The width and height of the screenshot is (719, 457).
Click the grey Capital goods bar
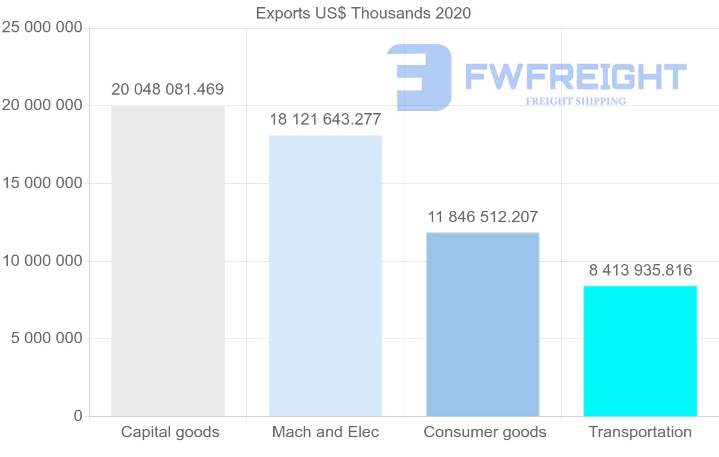point(168,261)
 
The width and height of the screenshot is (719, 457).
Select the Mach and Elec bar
point(325,276)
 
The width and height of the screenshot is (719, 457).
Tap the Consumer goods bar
point(483,324)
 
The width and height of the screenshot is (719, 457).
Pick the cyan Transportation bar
point(640,351)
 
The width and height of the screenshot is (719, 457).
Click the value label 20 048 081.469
point(168,90)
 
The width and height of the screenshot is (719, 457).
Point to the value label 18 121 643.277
point(325,119)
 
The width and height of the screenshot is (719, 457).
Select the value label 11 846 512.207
point(483,216)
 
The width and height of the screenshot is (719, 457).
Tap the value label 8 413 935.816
point(641,270)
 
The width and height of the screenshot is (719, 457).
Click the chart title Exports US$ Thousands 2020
point(363,13)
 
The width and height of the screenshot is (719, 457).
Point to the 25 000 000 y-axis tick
point(42,28)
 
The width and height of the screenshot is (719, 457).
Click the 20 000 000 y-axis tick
point(42,105)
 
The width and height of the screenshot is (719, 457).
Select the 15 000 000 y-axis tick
point(42,183)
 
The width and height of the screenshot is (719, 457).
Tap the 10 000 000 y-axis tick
point(42,261)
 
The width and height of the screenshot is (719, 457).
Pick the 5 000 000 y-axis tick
point(47,338)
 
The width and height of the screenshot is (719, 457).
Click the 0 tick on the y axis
point(78,416)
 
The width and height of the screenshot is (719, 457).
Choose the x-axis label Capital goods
point(170,432)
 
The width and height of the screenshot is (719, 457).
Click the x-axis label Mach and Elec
point(325,432)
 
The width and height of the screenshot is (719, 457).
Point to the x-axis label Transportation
point(640,432)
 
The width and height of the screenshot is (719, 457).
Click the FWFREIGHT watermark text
point(575,77)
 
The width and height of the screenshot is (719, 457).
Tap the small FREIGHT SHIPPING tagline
point(576,101)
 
